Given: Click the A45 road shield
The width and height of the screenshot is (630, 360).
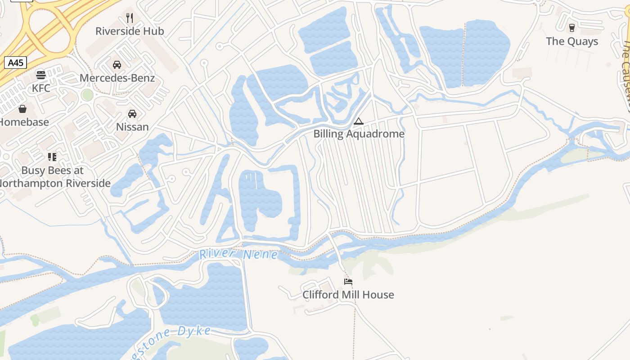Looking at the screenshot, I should pyautogui.click(x=15, y=63).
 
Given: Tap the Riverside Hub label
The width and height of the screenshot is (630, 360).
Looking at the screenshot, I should pyautogui.click(x=130, y=31).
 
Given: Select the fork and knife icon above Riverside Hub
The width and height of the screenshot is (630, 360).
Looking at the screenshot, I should pyautogui.click(x=130, y=18).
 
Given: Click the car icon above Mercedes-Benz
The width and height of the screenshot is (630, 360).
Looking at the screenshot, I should pyautogui.click(x=117, y=65).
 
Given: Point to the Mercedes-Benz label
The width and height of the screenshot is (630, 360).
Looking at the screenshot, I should pyautogui.click(x=117, y=78).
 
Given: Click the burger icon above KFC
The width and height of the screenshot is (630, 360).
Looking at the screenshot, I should pyautogui.click(x=41, y=75).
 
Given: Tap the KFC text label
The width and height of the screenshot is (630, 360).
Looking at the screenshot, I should pyautogui.click(x=41, y=88).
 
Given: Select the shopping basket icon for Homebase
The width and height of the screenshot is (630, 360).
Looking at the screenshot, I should pyautogui.click(x=22, y=109).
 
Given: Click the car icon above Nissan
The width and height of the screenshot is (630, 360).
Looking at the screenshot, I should pyautogui.click(x=132, y=113).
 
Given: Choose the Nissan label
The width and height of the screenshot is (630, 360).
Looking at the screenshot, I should pyautogui.click(x=132, y=126).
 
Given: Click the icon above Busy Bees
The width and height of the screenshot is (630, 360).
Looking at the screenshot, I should pyautogui.click(x=52, y=157).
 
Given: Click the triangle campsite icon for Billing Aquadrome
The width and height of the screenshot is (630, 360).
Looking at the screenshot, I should pyautogui.click(x=358, y=121).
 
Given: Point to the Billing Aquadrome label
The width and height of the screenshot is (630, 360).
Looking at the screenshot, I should pyautogui.click(x=359, y=134).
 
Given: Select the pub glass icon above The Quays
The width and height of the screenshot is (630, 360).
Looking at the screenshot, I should pyautogui.click(x=572, y=28).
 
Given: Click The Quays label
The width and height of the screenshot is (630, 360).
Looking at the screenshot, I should pyautogui.click(x=572, y=41).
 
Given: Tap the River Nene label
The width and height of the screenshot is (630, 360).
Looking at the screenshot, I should pyautogui.click(x=238, y=254).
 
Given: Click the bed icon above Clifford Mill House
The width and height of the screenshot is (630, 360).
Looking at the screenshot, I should pyautogui.click(x=348, y=282).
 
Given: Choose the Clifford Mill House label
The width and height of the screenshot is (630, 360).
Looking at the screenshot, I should pyautogui.click(x=348, y=295).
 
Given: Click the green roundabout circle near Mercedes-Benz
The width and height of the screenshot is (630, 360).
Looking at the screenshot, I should pyautogui.click(x=87, y=95).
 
